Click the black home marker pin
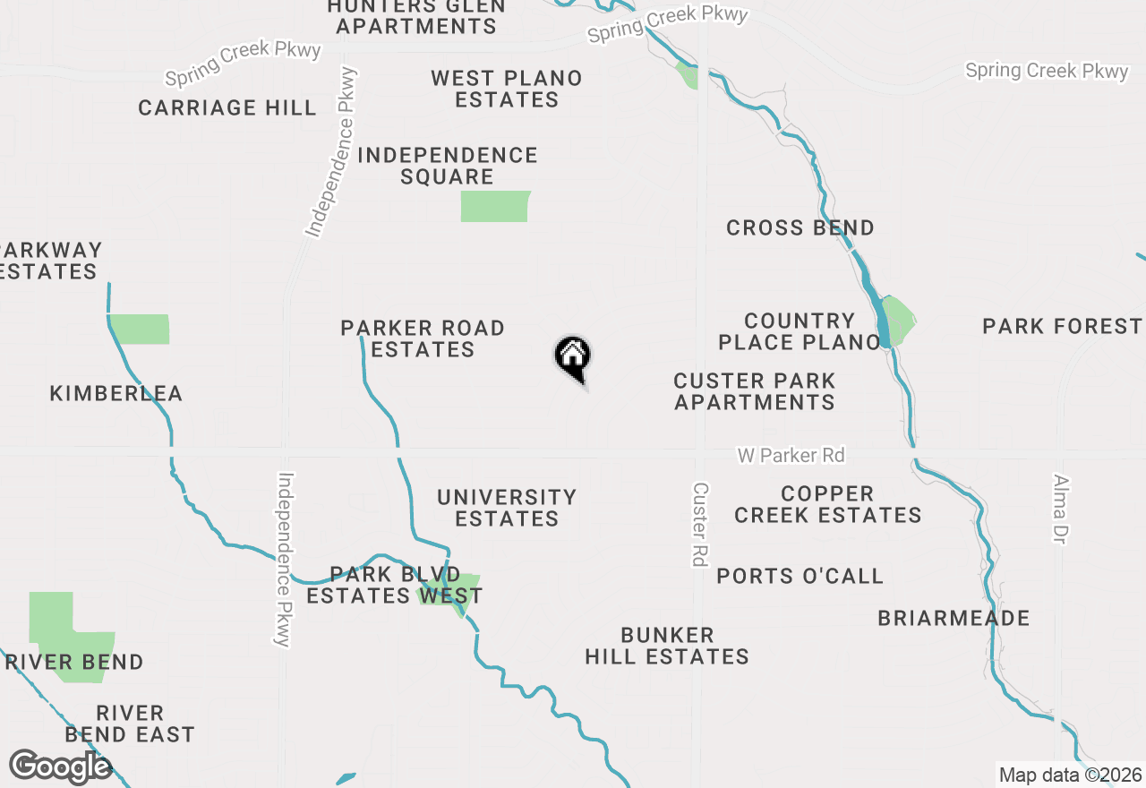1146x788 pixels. pos(573,357)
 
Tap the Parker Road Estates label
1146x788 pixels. pos(423,338)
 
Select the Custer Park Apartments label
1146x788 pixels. pos(755,391)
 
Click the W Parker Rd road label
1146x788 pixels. pos(791,456)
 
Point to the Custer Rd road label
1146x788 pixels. pos(699,524)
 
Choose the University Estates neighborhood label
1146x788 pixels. pos(507,508)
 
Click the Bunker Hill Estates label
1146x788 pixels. pos(667,646)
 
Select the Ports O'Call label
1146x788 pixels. pos(800,576)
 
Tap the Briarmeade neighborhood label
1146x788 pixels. pos(954,618)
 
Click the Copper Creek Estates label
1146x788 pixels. pos(828,504)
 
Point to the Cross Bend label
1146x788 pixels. pos(800,227)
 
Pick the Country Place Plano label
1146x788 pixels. pos(800,331)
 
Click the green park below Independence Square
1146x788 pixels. pos(494,206)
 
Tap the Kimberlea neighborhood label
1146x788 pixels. pos(116,393)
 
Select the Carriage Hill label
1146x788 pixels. pos(227,108)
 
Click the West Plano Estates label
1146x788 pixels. pos(507,89)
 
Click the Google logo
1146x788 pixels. pos(59,767)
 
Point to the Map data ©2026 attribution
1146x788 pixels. pos(1070,775)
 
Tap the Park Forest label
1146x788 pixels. pos(1062,326)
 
